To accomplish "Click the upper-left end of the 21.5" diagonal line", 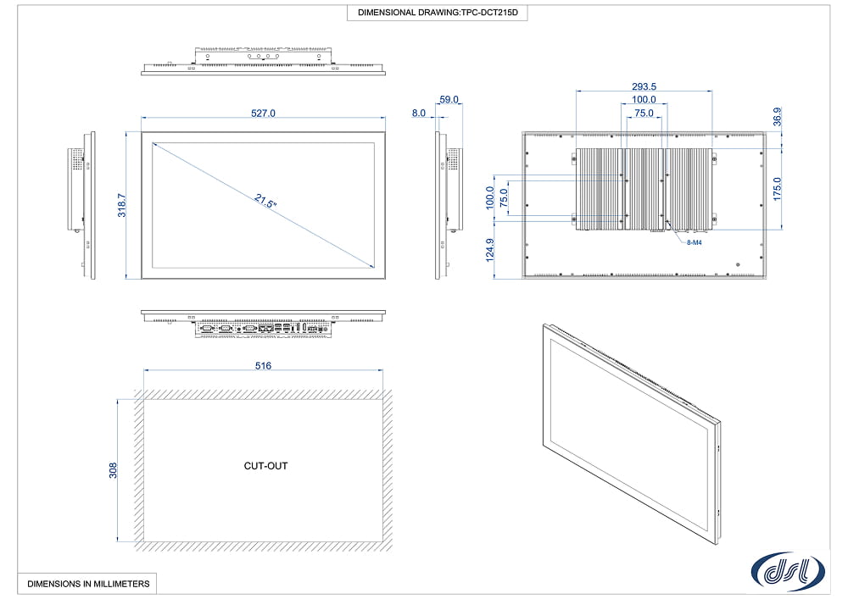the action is click(153, 143).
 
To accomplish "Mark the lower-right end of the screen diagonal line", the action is click(374, 268).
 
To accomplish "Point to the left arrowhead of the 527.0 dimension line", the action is click(144, 117).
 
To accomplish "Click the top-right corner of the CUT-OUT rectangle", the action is click(383, 399).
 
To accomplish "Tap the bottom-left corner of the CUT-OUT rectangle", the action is click(144, 541).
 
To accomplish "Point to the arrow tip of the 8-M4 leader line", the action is click(667, 221).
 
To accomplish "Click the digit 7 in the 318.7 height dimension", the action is click(121, 197).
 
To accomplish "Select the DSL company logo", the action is click(788, 571).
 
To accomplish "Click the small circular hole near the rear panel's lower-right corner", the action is click(739, 264).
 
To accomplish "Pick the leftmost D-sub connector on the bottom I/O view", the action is click(208, 328).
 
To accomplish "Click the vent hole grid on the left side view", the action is click(77, 159).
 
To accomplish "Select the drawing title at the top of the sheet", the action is click(438, 13).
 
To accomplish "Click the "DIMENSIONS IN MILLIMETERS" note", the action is click(89, 584).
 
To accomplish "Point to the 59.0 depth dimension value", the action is click(449, 99).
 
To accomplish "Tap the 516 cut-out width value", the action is click(264, 366).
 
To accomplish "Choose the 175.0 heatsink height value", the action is click(777, 189).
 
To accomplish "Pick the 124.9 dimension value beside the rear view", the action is click(490, 250).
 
